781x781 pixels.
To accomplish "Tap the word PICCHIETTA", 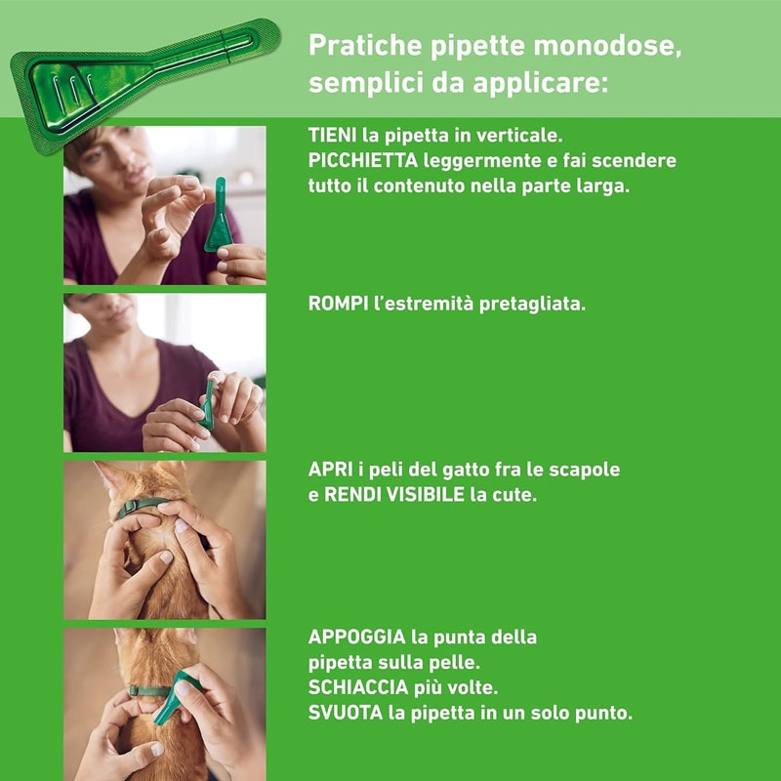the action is pos(362,160).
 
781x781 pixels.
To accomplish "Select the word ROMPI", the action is pos(338,304).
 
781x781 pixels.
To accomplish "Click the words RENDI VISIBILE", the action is pos(394,495).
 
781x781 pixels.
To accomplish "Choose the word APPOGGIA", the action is pos(356,637).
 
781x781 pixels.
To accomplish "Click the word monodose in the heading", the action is pos(607,45).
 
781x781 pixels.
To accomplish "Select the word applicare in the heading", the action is pos(541,84).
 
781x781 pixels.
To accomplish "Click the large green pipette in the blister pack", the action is pos(144,84).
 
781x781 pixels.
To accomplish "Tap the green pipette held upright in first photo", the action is pos(217,215).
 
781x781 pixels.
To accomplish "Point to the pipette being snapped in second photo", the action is pos(207,403).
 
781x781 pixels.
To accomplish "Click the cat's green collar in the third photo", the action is pos(140,507).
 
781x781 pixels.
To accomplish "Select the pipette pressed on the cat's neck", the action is pos(175,696).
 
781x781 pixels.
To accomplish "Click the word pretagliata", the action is pos(532,304).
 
